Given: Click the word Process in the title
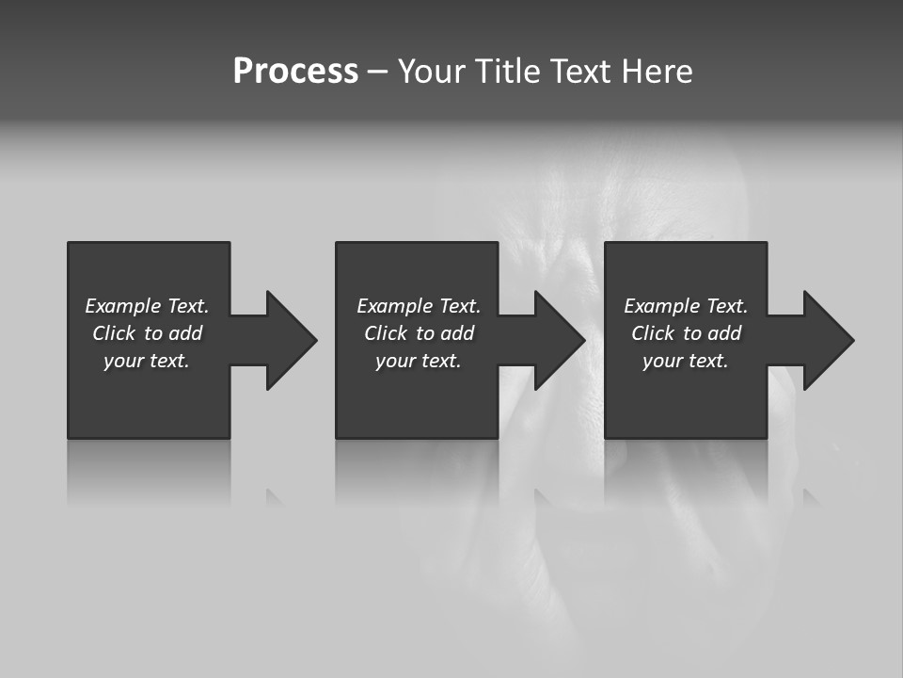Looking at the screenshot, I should point(295,72).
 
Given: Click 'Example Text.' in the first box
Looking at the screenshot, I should point(147,306).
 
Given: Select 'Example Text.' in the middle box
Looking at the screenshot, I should point(419,306).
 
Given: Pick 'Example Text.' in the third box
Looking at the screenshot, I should point(686,306).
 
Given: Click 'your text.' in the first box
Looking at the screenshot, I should point(147,361).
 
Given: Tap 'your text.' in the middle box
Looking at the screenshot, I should point(419,361).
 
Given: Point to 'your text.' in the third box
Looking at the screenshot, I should point(686,361).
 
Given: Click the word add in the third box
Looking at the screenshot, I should point(724,333).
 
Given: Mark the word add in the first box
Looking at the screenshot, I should point(185,333).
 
